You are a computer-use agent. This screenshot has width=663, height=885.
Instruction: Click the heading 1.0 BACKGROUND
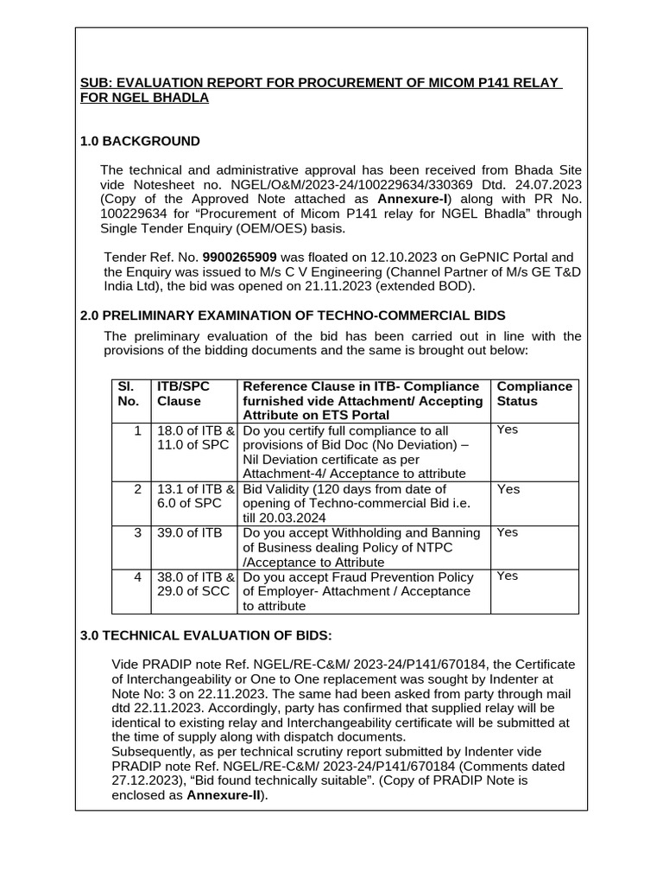140,141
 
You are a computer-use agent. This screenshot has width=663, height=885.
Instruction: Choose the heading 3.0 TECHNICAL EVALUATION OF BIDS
205,635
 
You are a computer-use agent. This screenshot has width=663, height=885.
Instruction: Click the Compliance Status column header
534,393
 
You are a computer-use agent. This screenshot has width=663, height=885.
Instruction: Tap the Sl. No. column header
128,393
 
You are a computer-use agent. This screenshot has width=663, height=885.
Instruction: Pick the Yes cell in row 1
508,430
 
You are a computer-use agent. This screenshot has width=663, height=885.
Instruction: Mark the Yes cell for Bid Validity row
508,489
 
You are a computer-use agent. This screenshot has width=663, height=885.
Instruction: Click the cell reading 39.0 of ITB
189,532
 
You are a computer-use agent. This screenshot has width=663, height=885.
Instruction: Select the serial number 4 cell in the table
137,576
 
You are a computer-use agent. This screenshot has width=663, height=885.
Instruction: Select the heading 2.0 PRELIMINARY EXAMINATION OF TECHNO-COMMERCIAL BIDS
293,315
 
